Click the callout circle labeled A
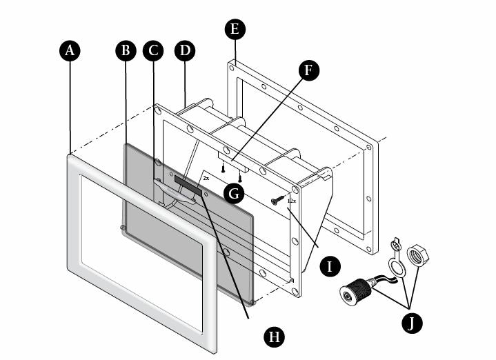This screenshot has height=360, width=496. (x=70, y=51)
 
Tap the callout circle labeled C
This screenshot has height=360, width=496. (x=153, y=51)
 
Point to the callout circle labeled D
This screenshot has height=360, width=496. (x=184, y=51)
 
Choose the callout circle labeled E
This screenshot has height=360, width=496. (x=235, y=29)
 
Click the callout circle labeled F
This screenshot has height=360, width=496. (x=309, y=70)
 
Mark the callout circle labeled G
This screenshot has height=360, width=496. (x=235, y=192)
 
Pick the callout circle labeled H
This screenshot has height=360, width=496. (x=274, y=336)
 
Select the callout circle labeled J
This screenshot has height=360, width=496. (x=412, y=323)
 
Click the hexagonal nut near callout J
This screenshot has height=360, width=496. (x=419, y=255)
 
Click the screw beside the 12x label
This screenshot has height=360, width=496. (x=278, y=200)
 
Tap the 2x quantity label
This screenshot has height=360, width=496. (x=206, y=177)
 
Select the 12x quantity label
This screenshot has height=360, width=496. (x=291, y=201)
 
